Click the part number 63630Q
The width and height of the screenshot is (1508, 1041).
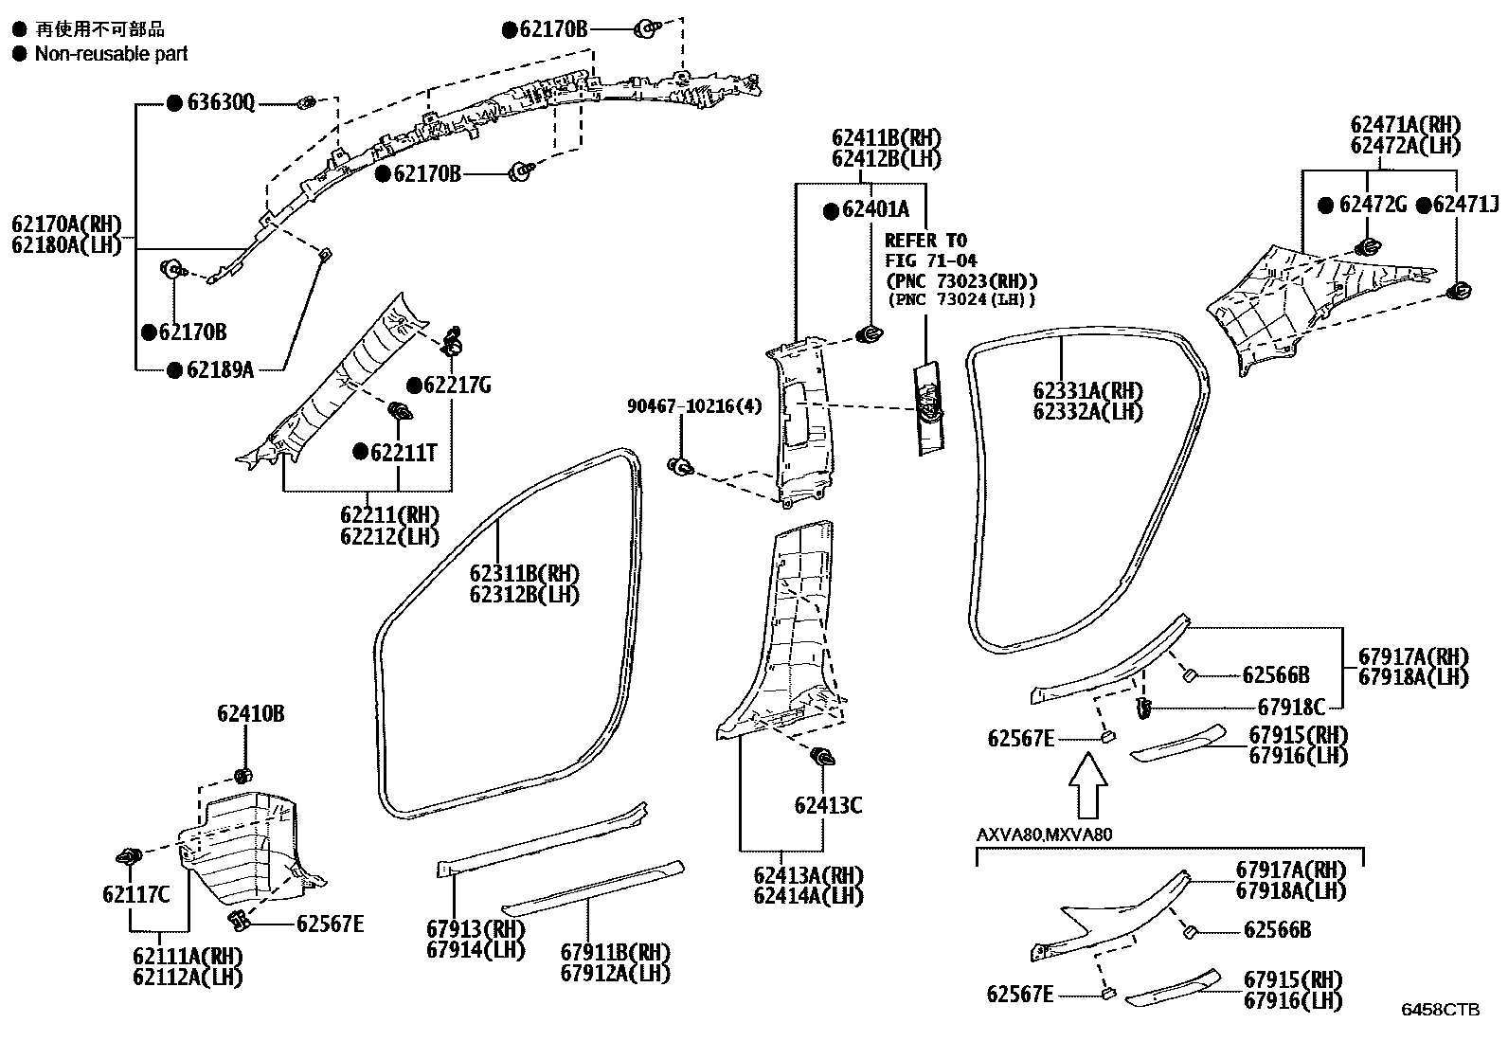point(221,103)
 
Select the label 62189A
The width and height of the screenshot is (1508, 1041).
point(220,369)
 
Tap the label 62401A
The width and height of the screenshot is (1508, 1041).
point(875,209)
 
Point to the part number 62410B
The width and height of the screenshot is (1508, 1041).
point(250,714)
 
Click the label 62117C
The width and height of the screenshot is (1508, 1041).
point(135,893)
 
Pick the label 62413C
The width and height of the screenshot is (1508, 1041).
point(828,805)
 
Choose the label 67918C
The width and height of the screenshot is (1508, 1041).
point(1291,706)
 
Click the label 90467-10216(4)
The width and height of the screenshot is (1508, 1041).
point(694,405)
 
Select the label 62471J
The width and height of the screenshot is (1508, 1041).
point(1465,204)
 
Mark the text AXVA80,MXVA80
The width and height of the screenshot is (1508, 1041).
point(1045,835)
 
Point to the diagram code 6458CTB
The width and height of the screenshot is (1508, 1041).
point(1440,1010)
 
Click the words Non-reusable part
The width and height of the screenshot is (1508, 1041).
point(111,54)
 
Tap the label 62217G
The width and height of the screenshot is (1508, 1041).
point(458,385)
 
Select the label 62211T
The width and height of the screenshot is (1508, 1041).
point(404,452)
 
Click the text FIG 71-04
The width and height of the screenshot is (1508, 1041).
point(931,260)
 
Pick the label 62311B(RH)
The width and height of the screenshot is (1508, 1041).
point(524,574)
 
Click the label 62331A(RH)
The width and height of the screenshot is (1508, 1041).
point(1087,391)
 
